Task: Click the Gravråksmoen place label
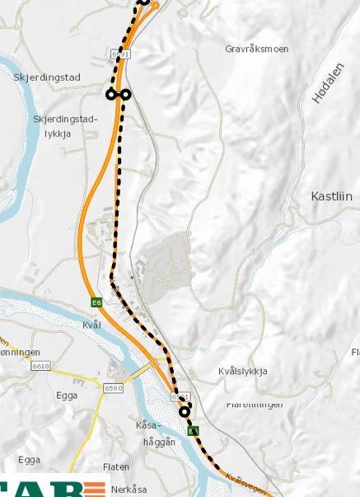point(256,49)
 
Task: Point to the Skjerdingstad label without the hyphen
point(47,77)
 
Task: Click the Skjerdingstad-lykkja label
point(65,125)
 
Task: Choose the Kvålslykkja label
point(244,371)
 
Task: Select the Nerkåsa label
point(129,489)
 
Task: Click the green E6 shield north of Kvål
point(96,302)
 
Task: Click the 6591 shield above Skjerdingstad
point(120,54)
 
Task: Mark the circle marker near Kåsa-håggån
point(185,411)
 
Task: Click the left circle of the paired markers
point(111,95)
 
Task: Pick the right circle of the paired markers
point(126,95)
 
